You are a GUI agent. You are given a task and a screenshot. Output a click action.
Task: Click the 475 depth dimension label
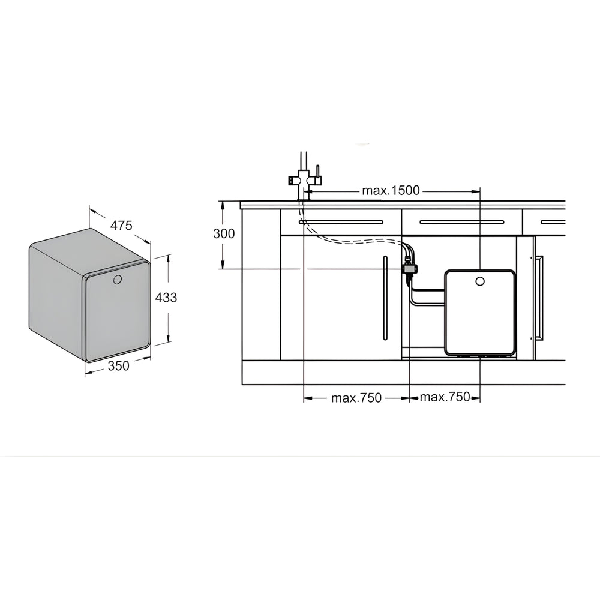(x=121, y=226)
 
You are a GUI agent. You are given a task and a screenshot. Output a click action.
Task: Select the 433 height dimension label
(x=166, y=298)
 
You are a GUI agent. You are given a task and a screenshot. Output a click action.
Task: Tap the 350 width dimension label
(x=119, y=366)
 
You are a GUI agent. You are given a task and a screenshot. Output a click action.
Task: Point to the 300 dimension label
(x=224, y=233)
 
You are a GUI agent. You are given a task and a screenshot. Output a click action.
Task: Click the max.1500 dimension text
(x=391, y=191)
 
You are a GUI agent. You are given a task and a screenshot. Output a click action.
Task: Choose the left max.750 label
(x=356, y=398)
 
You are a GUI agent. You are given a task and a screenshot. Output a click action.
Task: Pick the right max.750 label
(x=445, y=397)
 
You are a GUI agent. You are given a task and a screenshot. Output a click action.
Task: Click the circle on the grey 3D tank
(x=118, y=280)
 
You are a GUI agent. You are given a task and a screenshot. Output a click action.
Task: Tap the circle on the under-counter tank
(x=479, y=281)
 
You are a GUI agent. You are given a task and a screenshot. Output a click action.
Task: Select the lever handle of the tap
(x=317, y=172)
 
